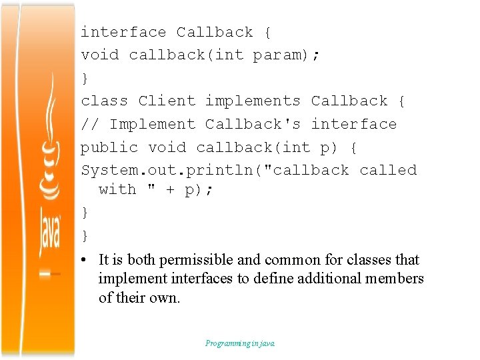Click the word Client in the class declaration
(167, 101)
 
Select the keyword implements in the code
(253, 101)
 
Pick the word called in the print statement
(388, 171)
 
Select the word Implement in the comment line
(152, 125)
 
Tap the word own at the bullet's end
(167, 298)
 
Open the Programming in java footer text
(240, 343)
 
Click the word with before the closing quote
(117, 190)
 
